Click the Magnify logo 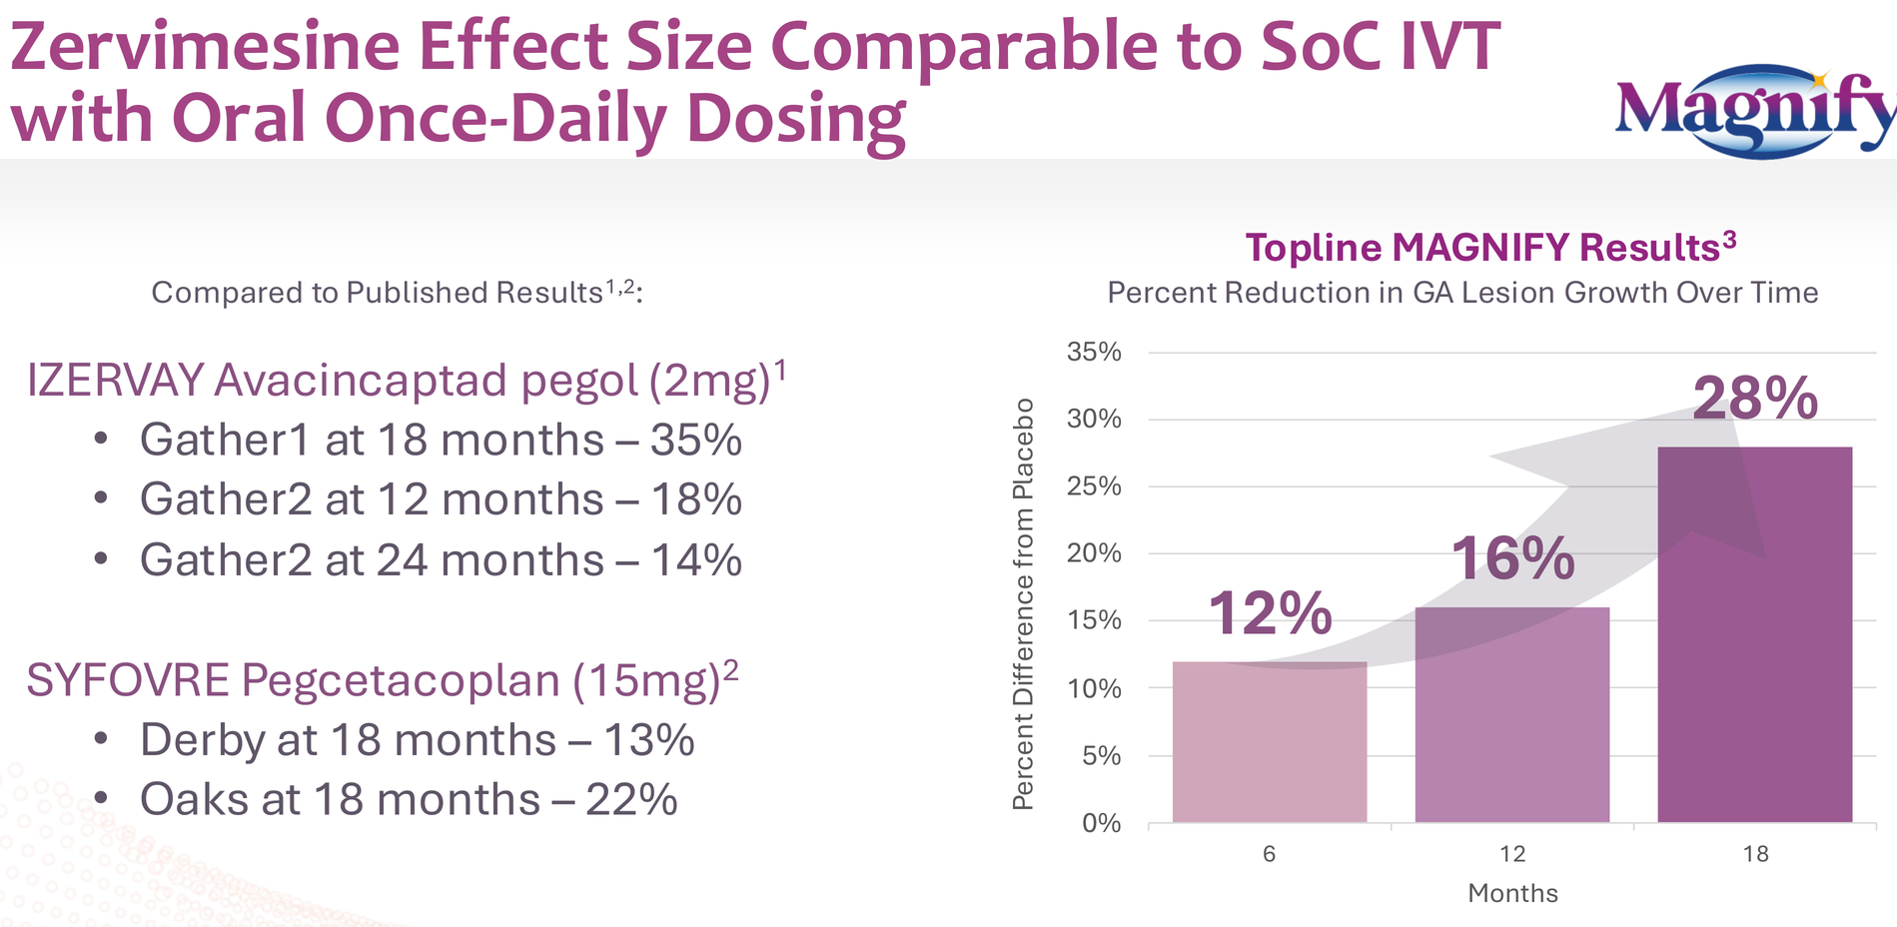click(1755, 111)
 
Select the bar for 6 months click(1270, 742)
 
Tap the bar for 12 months click(1512, 715)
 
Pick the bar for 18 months click(1755, 635)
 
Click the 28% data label click(1755, 399)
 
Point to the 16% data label click(1512, 558)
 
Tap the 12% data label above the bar click(1270, 612)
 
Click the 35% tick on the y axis click(1094, 352)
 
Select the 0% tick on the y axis click(1102, 823)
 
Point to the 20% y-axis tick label click(1094, 553)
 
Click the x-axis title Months click(1512, 893)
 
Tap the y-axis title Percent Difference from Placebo click(1023, 603)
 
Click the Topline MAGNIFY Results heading click(1490, 247)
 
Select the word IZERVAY click(115, 381)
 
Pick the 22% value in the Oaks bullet click(631, 799)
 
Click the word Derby click(201, 740)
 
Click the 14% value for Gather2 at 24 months click(696, 559)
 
